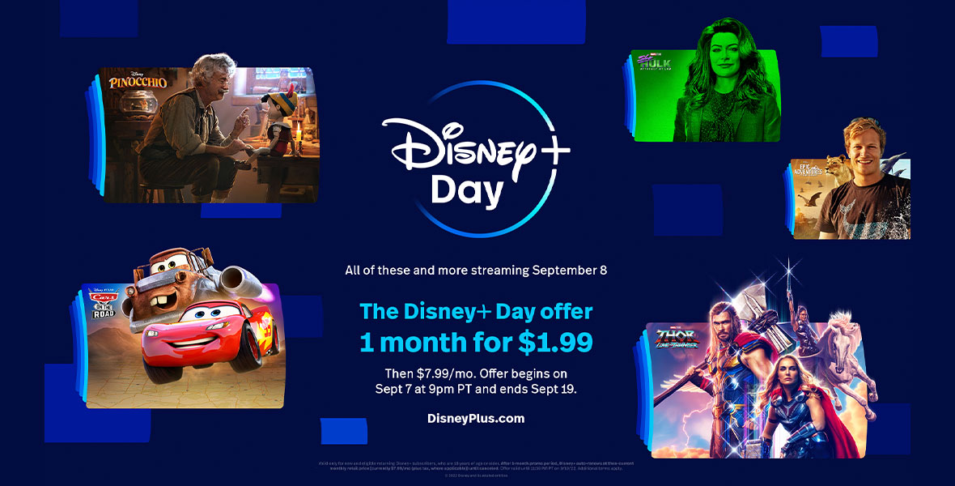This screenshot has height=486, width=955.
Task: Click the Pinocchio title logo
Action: click(138, 81)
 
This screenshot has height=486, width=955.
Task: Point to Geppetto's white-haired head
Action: click(212, 71)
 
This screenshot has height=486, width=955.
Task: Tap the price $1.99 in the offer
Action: click(555, 342)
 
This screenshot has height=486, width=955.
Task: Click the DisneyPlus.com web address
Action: click(476, 419)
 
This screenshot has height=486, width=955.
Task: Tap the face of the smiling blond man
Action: click(860, 147)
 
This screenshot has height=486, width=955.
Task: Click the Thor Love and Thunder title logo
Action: click(677, 339)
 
